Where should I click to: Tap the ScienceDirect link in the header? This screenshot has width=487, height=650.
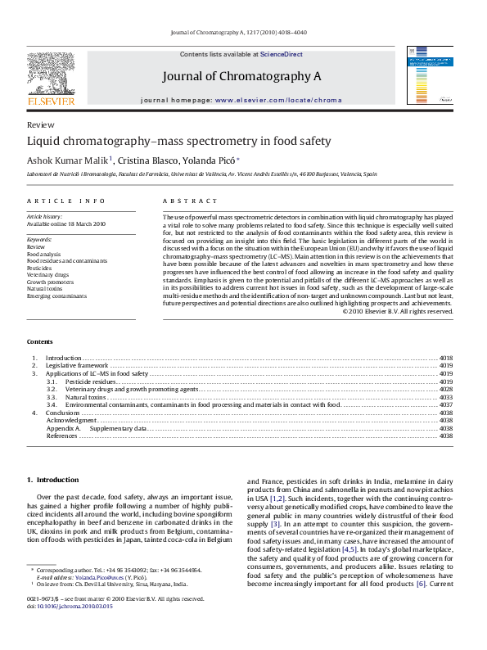(282, 54)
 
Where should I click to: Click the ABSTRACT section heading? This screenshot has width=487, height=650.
(190, 201)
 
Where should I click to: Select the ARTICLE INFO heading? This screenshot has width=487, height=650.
(66, 201)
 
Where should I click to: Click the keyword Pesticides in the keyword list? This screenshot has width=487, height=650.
(40, 268)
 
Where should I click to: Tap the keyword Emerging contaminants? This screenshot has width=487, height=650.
(56, 296)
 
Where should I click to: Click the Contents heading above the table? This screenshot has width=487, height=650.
(40, 341)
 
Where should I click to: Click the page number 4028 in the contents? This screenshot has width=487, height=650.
(446, 389)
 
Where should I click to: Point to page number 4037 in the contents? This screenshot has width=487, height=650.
(446, 404)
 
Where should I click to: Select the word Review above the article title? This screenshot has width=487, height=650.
(40, 125)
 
